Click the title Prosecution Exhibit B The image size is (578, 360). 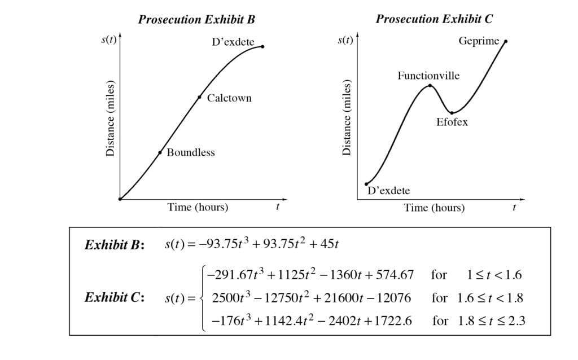point(196,20)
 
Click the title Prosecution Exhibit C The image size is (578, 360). point(434,19)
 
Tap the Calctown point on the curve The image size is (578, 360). point(200,97)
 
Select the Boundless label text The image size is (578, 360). point(190,152)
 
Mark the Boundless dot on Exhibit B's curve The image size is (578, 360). point(160,152)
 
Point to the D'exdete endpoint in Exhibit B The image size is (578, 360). point(262,46)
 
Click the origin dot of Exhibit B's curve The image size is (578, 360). point(120,199)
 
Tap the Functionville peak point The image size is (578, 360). point(431,86)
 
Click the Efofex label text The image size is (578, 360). point(452,122)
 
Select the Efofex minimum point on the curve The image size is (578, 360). point(452,113)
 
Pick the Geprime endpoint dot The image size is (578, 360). point(505,41)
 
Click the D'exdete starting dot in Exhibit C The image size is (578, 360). point(366,183)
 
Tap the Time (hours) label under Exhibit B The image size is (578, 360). point(198,207)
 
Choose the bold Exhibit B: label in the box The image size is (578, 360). point(115,245)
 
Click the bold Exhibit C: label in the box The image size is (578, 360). point(115,297)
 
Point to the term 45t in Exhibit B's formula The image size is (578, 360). point(327,244)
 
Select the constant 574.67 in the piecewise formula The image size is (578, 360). point(397,275)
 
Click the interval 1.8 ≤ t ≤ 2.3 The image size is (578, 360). point(491,321)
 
